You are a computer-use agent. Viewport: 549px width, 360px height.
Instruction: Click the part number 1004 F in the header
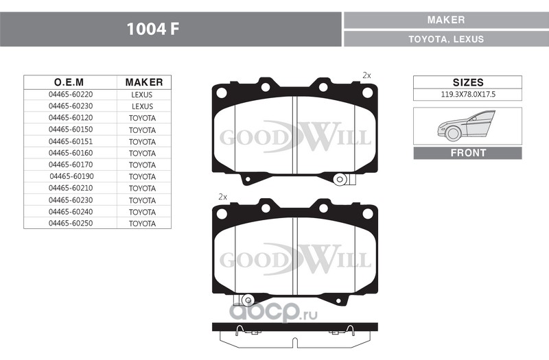(152, 29)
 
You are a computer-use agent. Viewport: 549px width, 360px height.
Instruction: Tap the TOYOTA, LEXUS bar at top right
(446, 39)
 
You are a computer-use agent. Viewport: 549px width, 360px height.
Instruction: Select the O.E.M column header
(69, 82)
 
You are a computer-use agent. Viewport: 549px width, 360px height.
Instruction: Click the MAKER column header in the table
(144, 82)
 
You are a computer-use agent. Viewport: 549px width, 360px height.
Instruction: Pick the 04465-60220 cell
(71, 95)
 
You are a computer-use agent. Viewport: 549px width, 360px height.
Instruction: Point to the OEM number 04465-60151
(71, 141)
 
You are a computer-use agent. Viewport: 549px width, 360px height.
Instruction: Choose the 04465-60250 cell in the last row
(71, 224)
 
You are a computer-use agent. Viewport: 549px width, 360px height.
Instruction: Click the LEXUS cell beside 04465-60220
(142, 95)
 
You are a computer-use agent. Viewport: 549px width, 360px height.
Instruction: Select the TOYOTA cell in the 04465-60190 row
(142, 177)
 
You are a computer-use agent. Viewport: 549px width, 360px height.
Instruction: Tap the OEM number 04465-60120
(71, 118)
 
